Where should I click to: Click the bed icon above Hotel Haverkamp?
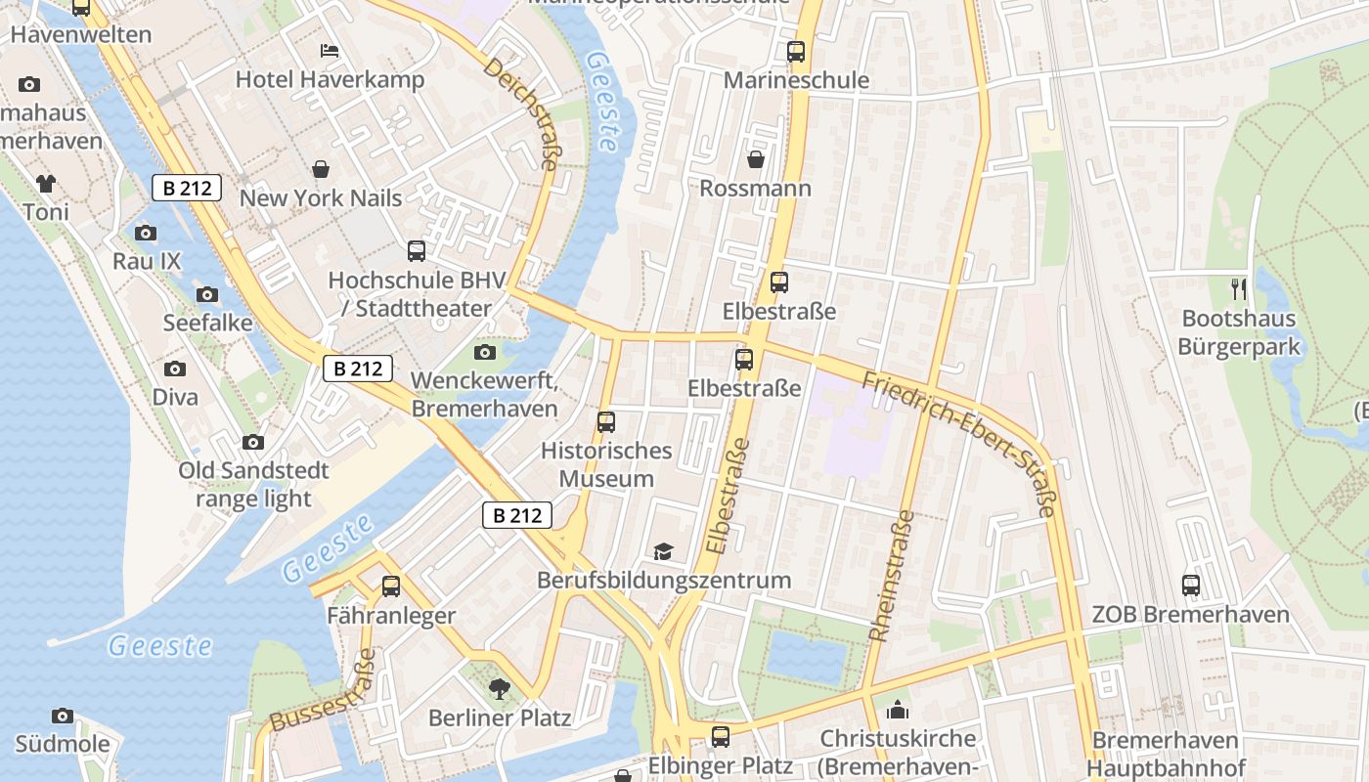(330, 50)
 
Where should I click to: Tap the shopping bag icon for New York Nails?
(321, 169)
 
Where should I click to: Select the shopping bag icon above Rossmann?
(756, 158)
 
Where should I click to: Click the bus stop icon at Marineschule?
(796, 51)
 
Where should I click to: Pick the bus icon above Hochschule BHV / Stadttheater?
(417, 251)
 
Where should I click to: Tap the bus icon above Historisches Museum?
(606, 422)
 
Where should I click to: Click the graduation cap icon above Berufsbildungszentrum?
(664, 551)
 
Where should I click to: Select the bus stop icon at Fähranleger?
(391, 586)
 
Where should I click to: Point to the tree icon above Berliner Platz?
(500, 689)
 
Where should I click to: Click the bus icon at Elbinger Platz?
(721, 736)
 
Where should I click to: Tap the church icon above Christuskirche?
(898, 710)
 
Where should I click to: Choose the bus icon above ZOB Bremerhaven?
(1191, 586)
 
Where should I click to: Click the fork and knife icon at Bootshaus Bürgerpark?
(1239, 289)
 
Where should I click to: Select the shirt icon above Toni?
(46, 183)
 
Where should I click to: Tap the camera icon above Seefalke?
(207, 294)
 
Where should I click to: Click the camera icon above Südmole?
(63, 717)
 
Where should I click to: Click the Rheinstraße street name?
(891, 576)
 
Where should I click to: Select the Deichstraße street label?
(521, 113)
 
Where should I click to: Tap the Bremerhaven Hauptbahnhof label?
(1165, 754)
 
